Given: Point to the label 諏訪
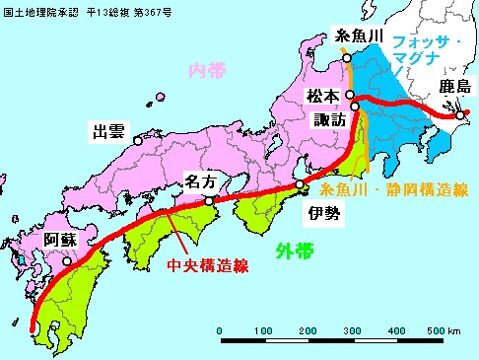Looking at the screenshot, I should (x=329, y=118).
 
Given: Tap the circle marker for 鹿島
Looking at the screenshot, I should (x=459, y=115).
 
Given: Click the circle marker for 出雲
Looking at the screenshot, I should (x=139, y=140).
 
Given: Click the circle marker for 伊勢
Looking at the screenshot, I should (x=300, y=184).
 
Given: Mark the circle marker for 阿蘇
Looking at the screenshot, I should (x=67, y=262).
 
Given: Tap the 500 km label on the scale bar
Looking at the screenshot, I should (x=440, y=330).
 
